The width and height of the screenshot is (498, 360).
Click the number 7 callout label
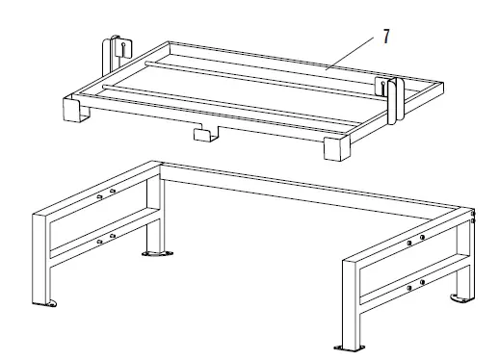click(x=386, y=37)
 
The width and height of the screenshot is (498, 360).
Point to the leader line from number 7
click(x=350, y=53)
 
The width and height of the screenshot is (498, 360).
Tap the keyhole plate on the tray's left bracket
click(x=123, y=48)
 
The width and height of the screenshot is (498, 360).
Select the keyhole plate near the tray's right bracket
click(x=382, y=87)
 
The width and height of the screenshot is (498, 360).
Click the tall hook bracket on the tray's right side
click(x=396, y=100)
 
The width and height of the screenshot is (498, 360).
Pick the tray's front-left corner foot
click(x=75, y=110)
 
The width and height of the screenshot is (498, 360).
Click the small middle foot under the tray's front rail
click(x=205, y=134)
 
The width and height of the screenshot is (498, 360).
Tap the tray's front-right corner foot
click(x=336, y=148)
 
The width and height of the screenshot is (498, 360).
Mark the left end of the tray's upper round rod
click(x=146, y=63)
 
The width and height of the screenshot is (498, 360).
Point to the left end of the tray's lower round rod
click(x=104, y=87)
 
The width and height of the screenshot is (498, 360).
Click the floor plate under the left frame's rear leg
click(x=157, y=253)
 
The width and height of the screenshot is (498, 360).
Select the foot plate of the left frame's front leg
click(x=51, y=303)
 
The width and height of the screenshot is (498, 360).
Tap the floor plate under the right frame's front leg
click(x=350, y=347)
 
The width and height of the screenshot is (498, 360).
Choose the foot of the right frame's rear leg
click(x=459, y=298)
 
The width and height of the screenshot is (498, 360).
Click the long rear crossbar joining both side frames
click(x=308, y=191)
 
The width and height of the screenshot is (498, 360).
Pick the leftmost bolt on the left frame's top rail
click(x=99, y=196)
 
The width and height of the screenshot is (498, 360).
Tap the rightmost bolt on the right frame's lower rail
click(x=422, y=282)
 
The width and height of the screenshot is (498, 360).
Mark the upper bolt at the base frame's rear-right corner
click(x=473, y=214)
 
